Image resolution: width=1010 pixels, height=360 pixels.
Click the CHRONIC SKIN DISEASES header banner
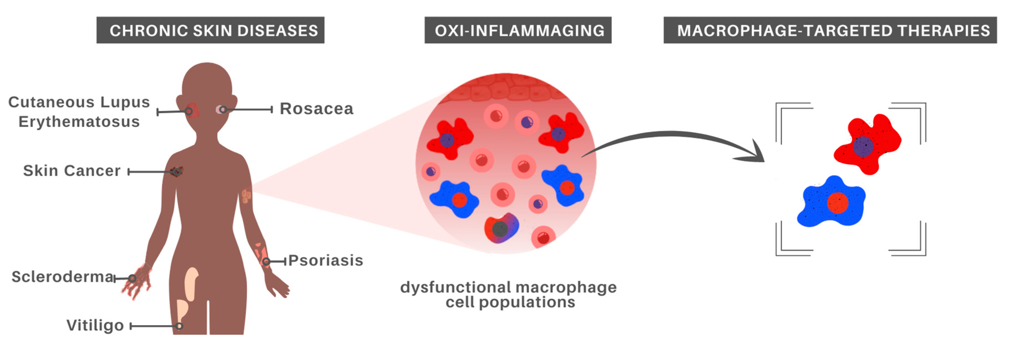[210, 30]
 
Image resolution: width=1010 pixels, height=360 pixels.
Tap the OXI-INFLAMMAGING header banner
[518, 30]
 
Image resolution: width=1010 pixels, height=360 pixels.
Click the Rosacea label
[316, 109]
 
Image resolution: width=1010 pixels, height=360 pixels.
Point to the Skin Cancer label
[72, 171]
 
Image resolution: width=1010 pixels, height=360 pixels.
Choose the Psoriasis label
[326, 260]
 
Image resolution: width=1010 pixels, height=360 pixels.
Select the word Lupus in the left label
[125, 102]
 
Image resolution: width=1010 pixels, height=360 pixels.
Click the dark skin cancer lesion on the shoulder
[177, 171]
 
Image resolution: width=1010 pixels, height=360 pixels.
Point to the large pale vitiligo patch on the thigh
[191, 283]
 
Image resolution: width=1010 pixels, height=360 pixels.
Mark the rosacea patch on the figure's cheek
[220, 110]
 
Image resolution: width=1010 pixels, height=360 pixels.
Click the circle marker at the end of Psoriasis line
[266, 262]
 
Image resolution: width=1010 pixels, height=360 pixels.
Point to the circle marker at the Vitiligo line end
[179, 326]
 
